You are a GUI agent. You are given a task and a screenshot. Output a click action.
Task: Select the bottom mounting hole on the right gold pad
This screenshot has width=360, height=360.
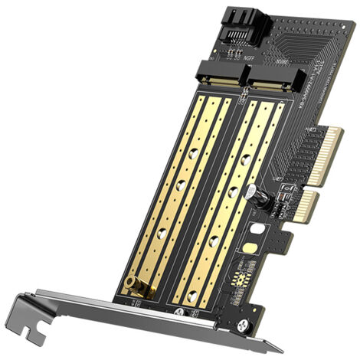[x=213, y=244]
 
